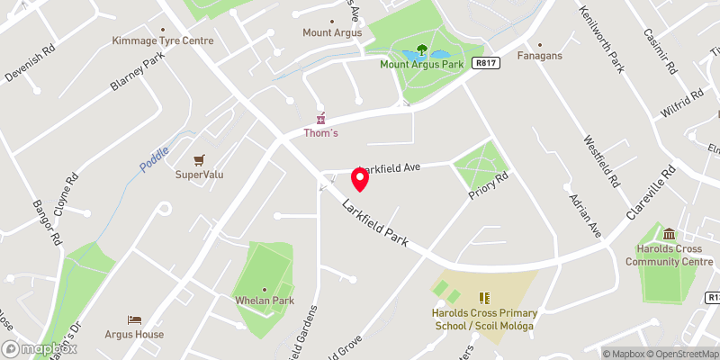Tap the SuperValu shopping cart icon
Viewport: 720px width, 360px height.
tap(200, 158)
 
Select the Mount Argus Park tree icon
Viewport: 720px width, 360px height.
tap(421, 50)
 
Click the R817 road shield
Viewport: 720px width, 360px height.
tap(485, 63)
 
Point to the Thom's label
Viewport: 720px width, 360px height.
tap(319, 133)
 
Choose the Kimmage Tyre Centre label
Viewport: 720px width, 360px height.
tap(163, 40)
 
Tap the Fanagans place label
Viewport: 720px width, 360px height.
tap(540, 56)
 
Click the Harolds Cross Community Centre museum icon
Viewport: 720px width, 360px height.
tap(668, 234)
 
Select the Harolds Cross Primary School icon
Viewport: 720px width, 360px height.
tap(483, 297)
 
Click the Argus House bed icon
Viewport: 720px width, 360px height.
tap(134, 319)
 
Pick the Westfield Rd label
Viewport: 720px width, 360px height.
tap(601, 162)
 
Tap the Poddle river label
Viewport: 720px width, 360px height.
tap(155, 154)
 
